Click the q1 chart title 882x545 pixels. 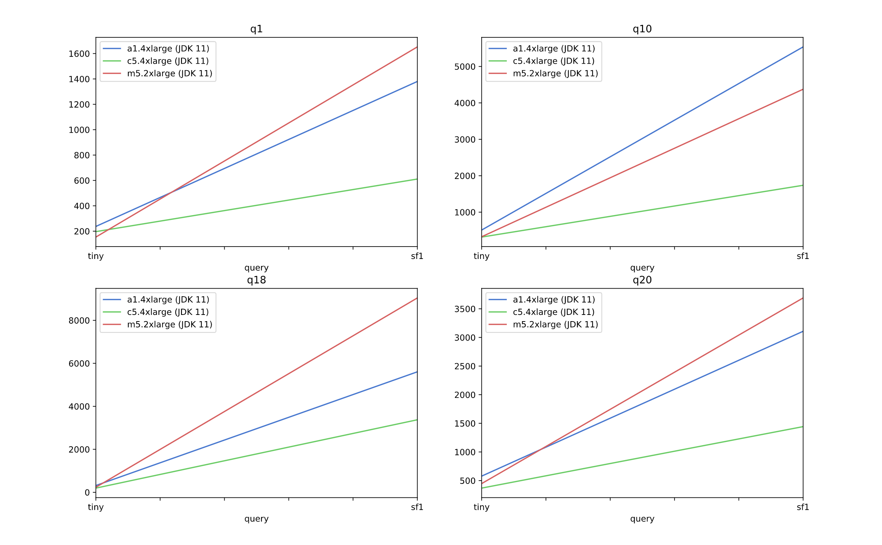pos(256,29)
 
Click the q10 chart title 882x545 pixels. pos(642,29)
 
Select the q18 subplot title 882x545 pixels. pos(256,280)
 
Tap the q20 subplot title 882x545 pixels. pos(642,280)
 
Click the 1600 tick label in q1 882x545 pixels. pos(79,54)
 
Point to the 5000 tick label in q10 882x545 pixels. pos(465,67)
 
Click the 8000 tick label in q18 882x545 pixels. pos(79,320)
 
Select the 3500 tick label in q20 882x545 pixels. pos(465,309)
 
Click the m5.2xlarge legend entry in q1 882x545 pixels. pos(170,74)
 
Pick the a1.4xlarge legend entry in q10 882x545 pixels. pos(554,49)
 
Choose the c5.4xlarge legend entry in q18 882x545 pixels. pos(168,312)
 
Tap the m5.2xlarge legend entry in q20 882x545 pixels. pos(555,324)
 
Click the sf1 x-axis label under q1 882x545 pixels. pos(417,256)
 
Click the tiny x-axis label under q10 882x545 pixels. pos(481,256)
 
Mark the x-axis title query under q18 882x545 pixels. pos(256,519)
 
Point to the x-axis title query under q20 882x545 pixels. pos(642,519)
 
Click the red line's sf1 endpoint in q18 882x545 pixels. pos(417,298)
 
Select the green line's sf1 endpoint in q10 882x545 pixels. pos(803,185)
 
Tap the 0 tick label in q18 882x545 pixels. pos(87,492)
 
